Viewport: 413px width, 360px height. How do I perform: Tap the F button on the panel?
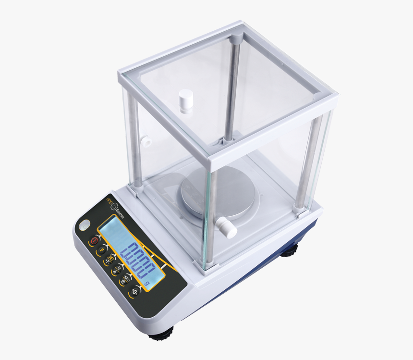pyautogui.click(x=101, y=251)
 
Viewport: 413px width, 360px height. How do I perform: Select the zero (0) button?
pyautogui.click(x=136, y=292)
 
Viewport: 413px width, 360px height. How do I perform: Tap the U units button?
pyautogui.click(x=116, y=271)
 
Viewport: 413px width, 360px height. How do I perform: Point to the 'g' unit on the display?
pyautogui.click(x=146, y=284)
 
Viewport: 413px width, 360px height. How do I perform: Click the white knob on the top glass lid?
pyautogui.click(x=184, y=101)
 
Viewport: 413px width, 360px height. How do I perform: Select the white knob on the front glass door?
pyautogui.click(x=226, y=227)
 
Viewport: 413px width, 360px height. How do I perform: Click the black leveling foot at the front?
pyautogui.click(x=161, y=334)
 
